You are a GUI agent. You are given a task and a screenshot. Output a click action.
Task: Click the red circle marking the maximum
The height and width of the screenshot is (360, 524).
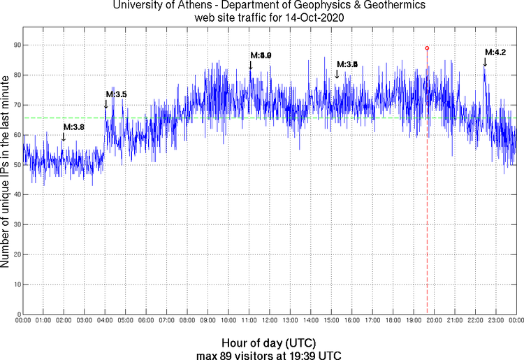coord(427,48)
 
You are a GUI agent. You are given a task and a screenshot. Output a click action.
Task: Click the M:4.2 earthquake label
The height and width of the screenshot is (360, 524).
coord(495,52)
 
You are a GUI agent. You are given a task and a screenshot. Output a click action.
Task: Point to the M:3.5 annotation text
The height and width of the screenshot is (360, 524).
coord(116,94)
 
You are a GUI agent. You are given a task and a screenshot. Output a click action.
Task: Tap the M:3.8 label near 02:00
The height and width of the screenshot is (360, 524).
coord(73,127)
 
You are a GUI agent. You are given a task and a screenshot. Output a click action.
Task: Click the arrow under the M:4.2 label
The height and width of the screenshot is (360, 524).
coord(485,63)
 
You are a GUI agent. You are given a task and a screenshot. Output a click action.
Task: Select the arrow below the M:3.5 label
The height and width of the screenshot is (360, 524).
coord(106,105)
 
